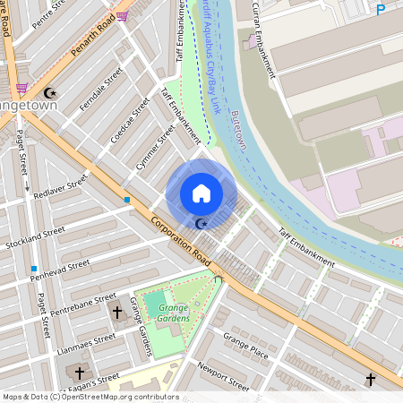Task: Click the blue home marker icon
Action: (x=201, y=193)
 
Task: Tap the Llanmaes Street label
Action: (x=86, y=342)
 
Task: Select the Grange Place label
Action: (x=246, y=345)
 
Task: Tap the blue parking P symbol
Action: (x=381, y=10)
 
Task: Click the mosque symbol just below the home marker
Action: (x=201, y=223)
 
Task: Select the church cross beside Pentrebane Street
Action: (x=116, y=312)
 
